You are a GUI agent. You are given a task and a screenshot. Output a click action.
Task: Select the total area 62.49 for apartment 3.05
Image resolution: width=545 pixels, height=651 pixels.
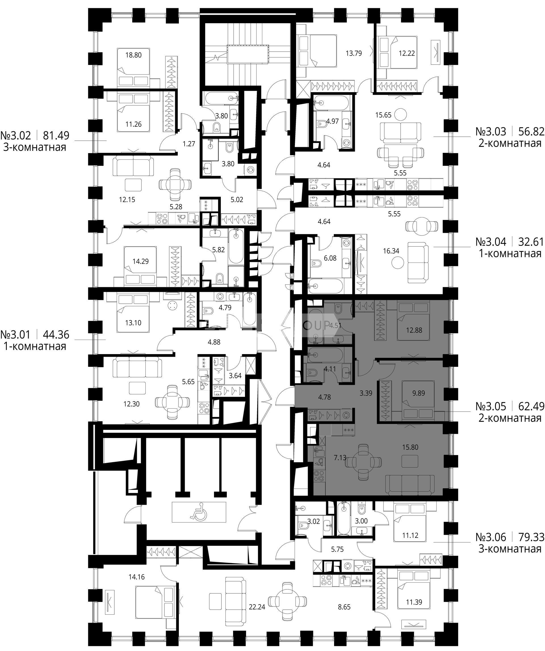pyautogui.click(x=532, y=406)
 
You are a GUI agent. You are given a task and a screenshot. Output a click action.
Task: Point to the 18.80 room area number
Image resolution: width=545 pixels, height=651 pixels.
pyautogui.click(x=133, y=55)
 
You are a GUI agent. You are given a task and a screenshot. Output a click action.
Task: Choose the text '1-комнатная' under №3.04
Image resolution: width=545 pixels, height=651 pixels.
pyautogui.click(x=510, y=253)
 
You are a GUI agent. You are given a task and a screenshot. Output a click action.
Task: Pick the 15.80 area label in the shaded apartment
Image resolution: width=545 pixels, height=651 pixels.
pyautogui.click(x=410, y=447)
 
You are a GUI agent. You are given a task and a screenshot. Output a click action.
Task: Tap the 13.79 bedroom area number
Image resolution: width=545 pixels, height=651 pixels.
pyautogui.click(x=354, y=53)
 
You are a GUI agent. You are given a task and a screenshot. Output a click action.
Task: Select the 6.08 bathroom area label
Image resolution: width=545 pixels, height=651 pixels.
pyautogui.click(x=330, y=258)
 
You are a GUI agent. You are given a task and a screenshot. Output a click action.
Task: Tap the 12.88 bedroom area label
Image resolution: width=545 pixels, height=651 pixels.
pyautogui.click(x=414, y=330)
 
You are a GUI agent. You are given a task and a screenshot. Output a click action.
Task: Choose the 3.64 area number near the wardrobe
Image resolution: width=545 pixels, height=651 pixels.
pyautogui.click(x=235, y=376)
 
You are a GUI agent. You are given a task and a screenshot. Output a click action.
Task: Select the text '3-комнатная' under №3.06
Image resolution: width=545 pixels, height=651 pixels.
pyautogui.click(x=510, y=549)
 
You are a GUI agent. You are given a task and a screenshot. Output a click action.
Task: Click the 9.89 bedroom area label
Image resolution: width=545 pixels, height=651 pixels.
pyautogui.click(x=419, y=393)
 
